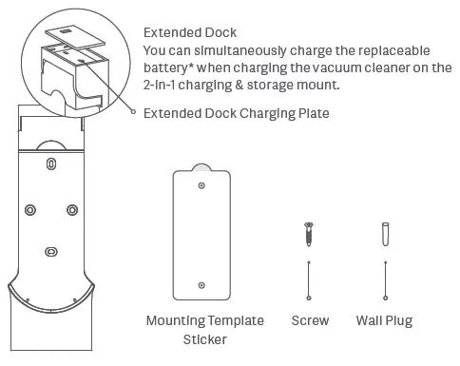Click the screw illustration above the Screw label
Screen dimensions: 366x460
click(x=309, y=234)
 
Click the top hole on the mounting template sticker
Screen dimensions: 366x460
click(x=201, y=187)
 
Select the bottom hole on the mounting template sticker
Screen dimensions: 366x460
click(x=201, y=284)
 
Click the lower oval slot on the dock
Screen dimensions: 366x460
click(x=50, y=251)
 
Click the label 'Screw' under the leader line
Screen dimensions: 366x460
click(x=309, y=321)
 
